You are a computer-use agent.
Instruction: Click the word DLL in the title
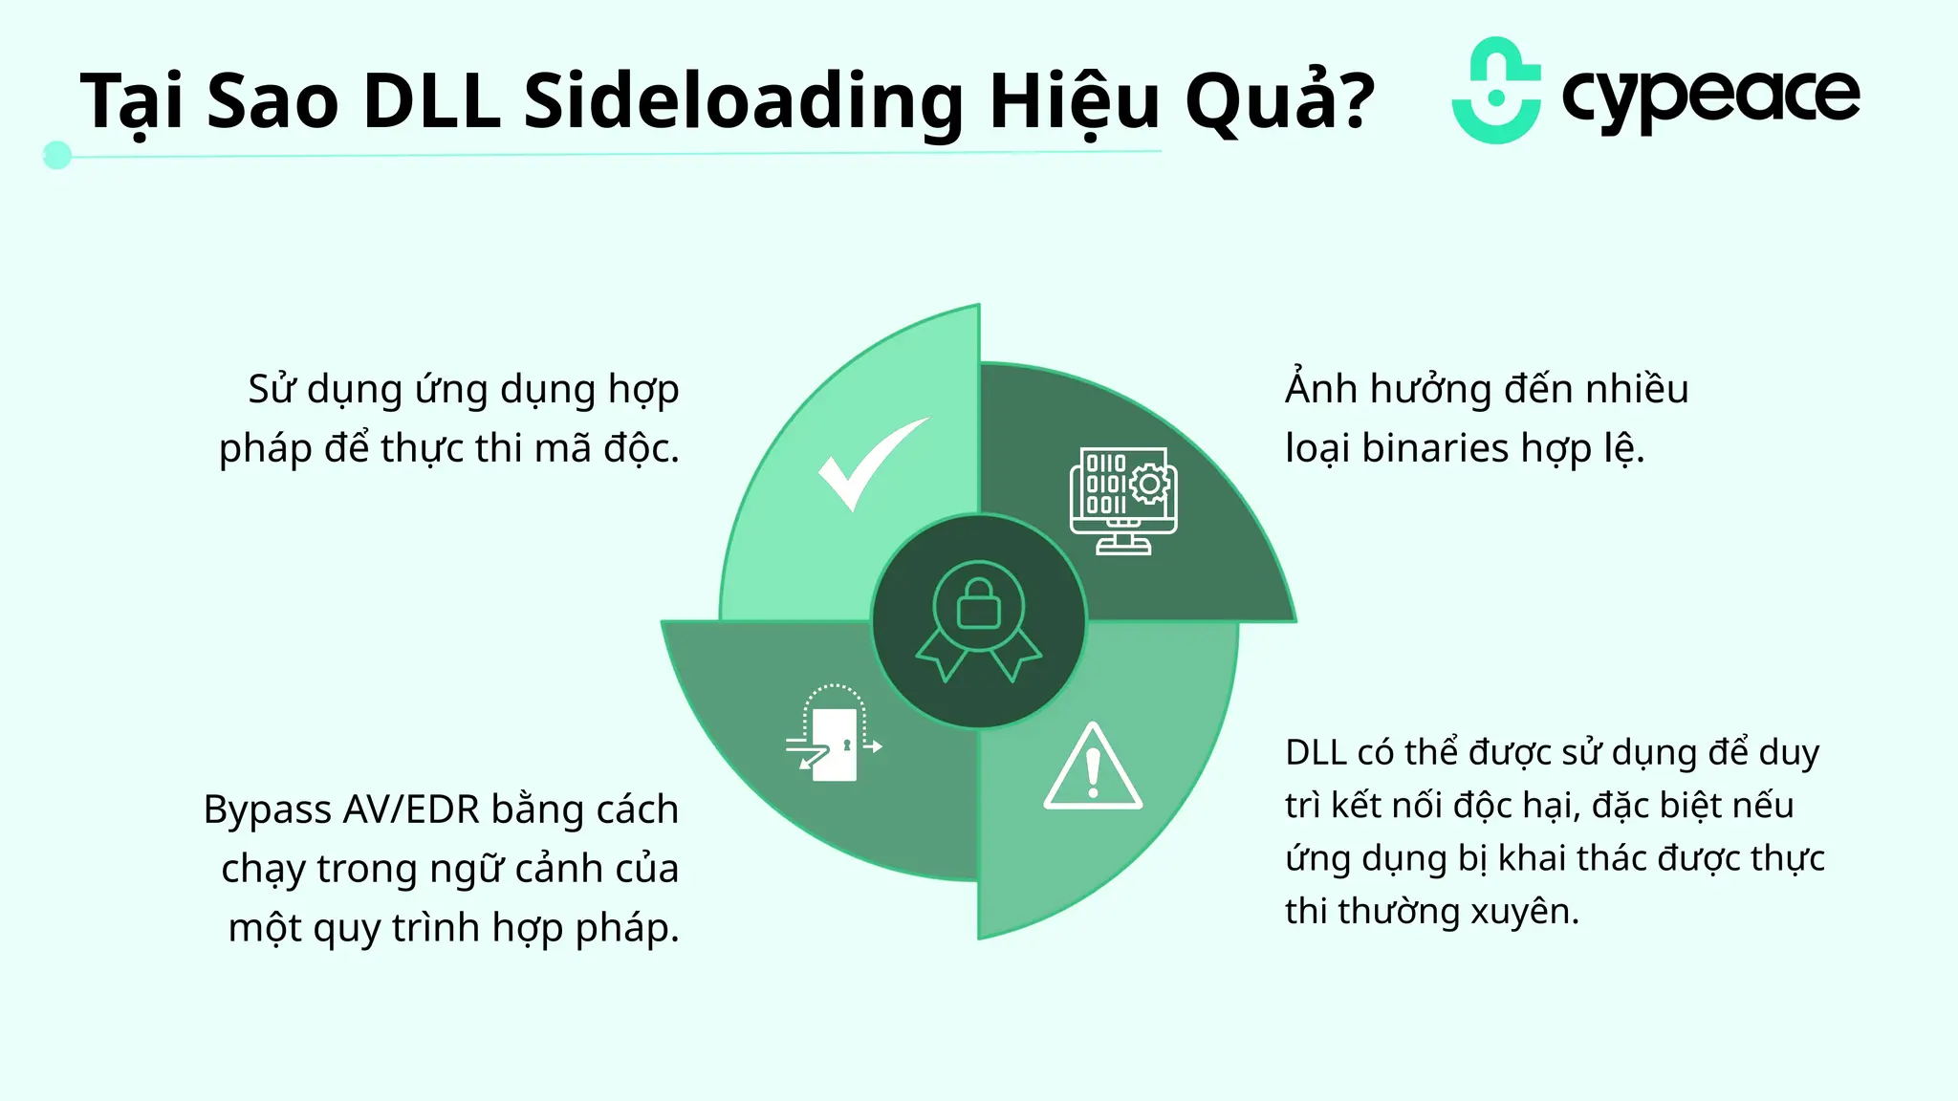click(x=432, y=100)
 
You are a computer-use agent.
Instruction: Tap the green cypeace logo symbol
click(x=1496, y=91)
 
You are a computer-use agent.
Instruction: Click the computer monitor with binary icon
click(x=1123, y=500)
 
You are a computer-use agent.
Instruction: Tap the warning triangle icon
click(x=1093, y=768)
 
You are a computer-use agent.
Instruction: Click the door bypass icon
click(x=834, y=734)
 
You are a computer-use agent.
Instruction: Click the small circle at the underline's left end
click(x=57, y=155)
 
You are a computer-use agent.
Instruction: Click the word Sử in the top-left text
click(x=272, y=388)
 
